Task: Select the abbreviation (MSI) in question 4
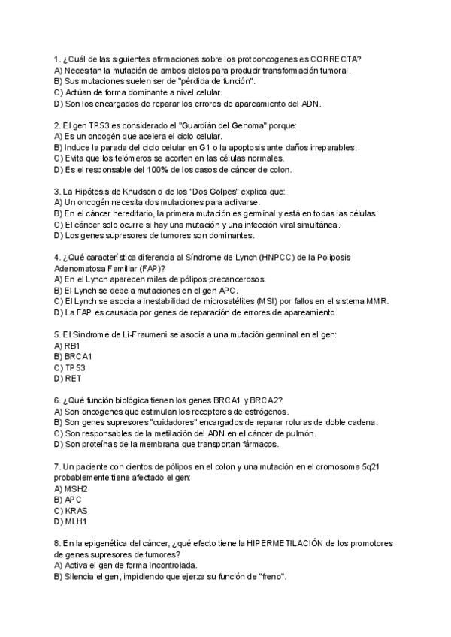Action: (267, 301)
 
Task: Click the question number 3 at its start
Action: (57, 192)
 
